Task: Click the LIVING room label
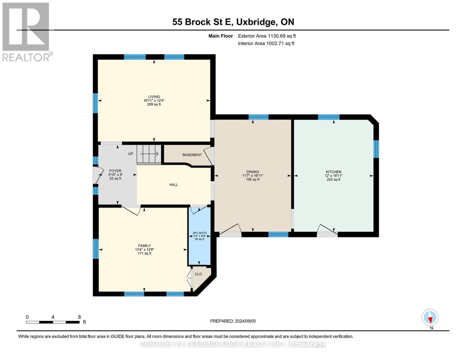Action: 154,97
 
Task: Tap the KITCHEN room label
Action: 333,172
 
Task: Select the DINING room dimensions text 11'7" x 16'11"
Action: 253,176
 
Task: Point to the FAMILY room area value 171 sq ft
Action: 144,253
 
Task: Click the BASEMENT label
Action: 192,155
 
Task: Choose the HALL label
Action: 173,185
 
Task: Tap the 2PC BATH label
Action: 200,233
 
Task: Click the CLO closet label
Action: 198,274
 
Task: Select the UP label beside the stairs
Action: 131,154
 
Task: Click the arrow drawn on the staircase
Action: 149,154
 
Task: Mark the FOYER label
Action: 115,171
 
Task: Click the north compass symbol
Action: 430,317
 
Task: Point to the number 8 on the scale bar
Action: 79,317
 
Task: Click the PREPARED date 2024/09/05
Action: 233,321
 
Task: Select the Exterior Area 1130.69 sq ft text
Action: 267,36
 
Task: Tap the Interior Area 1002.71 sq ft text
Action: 266,43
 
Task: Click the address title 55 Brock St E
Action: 203,22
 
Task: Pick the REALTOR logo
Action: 26,31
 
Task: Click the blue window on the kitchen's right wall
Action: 376,149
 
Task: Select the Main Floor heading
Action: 221,36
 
